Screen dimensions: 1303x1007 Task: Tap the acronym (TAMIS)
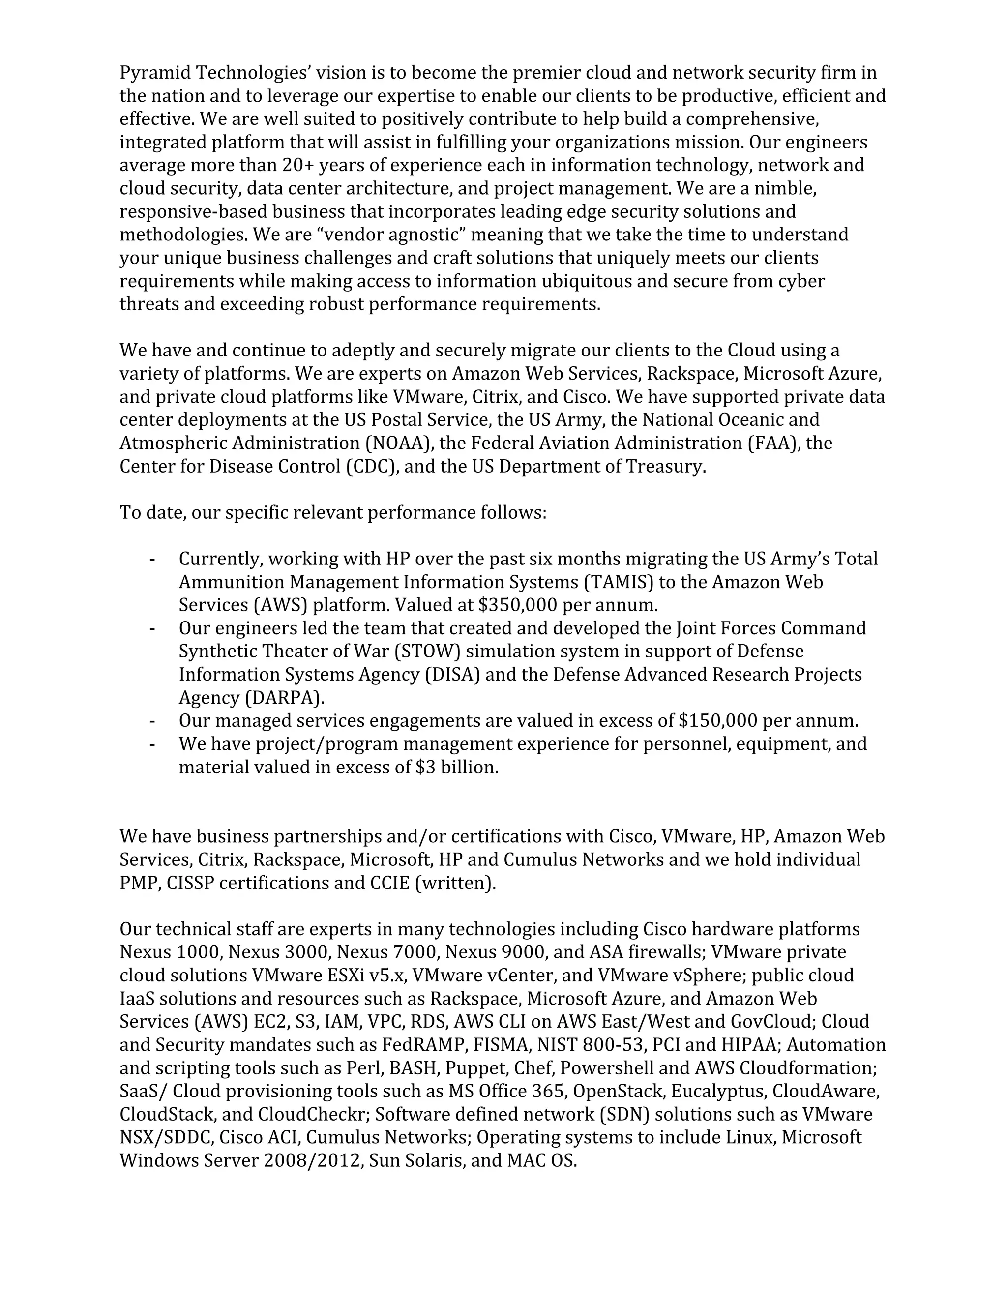(618, 582)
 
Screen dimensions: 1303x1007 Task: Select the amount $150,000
(718, 721)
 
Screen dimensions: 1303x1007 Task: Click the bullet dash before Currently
(153, 560)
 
